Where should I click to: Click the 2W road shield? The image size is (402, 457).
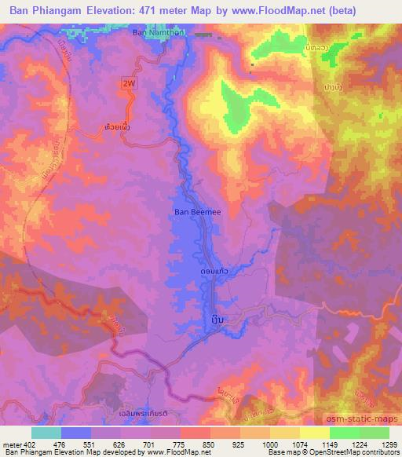128,83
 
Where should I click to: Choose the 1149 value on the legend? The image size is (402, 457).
329,444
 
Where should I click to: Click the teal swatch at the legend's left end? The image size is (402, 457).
46,433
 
